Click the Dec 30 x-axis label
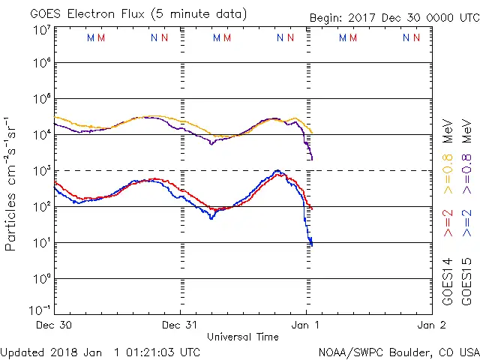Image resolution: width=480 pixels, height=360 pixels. point(53,325)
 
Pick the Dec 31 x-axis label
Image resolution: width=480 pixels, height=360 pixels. point(180,325)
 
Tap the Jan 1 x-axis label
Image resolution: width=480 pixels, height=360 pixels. point(306,325)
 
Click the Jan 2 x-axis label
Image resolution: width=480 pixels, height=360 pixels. point(431,325)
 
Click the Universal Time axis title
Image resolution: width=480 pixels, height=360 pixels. point(242,337)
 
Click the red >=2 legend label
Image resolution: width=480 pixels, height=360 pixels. point(448,223)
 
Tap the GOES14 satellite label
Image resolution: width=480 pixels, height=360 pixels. point(448,281)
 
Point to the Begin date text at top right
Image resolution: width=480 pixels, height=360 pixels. point(394,18)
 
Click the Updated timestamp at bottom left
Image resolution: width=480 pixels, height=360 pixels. point(100,352)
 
